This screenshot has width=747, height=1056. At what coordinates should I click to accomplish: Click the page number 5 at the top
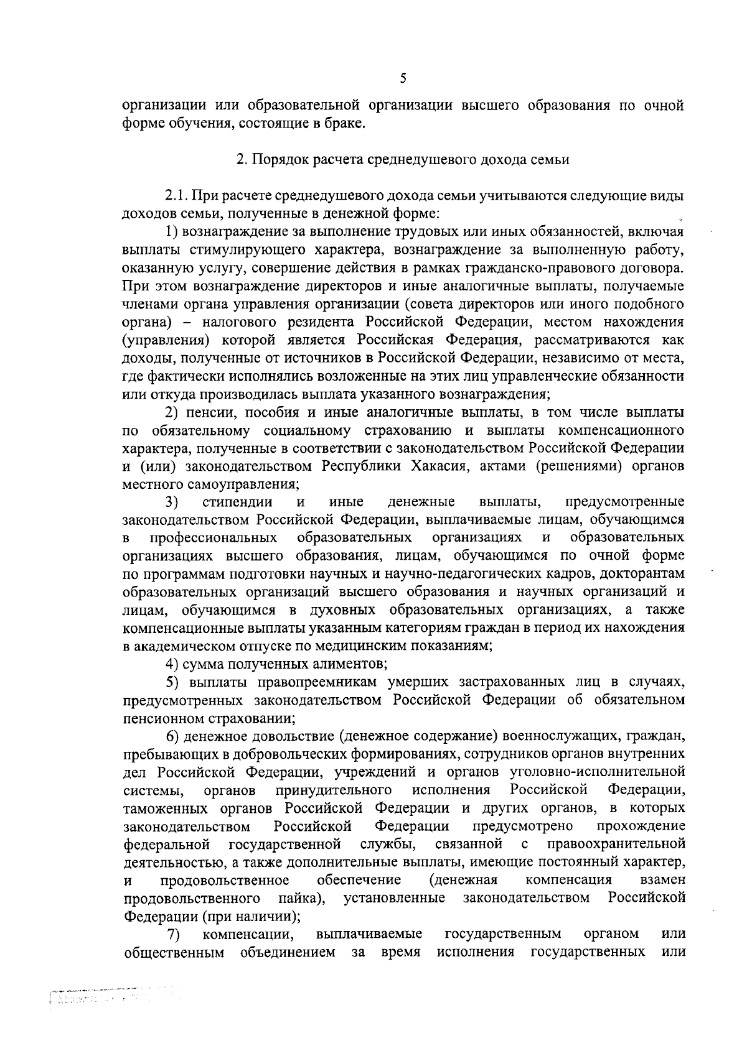[403, 78]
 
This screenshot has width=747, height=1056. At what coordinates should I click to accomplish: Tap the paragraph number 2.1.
[176, 196]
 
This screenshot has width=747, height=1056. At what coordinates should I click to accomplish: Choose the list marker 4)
[172, 664]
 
